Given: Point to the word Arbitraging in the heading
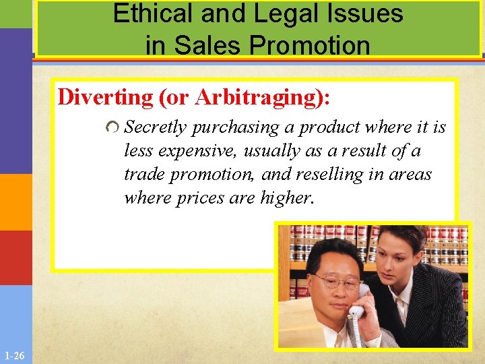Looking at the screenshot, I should (259, 98).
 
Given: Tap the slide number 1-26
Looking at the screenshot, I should (13, 355).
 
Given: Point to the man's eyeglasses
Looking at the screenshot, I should (337, 281).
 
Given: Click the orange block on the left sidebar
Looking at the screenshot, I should (15, 202).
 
